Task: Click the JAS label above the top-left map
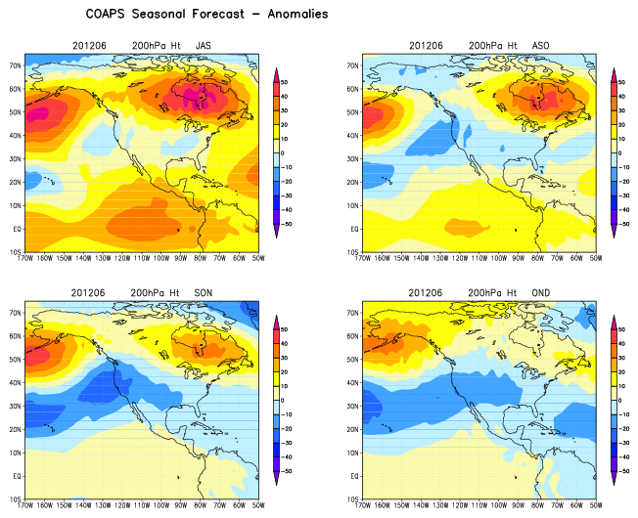point(203,46)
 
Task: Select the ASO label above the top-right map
point(540,46)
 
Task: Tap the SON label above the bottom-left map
point(203,292)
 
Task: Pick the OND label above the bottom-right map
point(540,292)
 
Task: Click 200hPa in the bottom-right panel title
point(487,292)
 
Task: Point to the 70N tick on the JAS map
point(15,65)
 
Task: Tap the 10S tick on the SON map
point(15,498)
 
